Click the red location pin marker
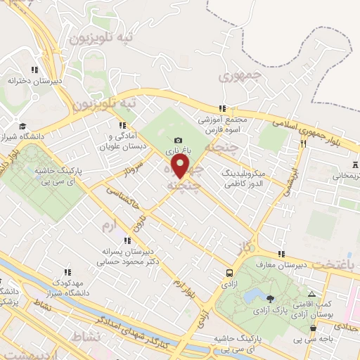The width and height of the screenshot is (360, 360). [181, 167]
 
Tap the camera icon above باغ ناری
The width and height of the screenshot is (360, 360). [178, 141]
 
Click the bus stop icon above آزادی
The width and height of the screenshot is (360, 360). [229, 272]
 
